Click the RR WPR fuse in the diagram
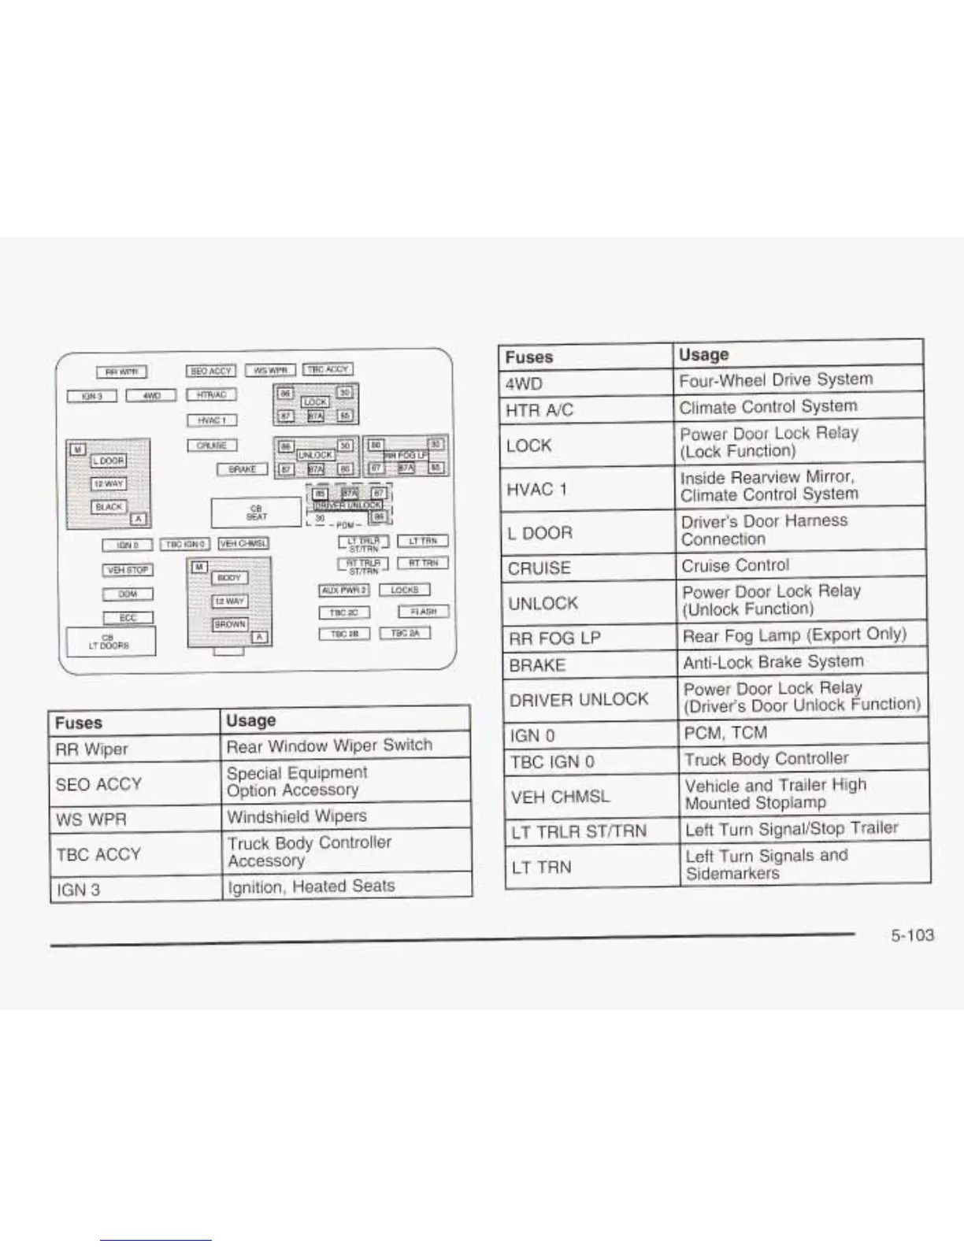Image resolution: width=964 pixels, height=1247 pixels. pyautogui.click(x=121, y=372)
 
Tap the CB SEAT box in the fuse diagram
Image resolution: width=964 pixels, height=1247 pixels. pyautogui.click(x=257, y=512)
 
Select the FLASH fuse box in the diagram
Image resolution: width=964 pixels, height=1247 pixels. pyautogui.click(x=423, y=612)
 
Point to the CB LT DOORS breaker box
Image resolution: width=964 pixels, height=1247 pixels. pyautogui.click(x=110, y=642)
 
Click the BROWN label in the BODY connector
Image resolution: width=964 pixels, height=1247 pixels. pyautogui.click(x=229, y=624)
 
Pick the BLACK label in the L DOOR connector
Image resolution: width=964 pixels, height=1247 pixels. pyautogui.click(x=109, y=507)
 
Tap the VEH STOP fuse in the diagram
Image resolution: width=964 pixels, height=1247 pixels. pyautogui.click(x=128, y=570)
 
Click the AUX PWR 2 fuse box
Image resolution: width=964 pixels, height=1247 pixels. pyautogui.click(x=344, y=590)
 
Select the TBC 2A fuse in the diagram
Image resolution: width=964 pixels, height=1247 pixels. pyautogui.click(x=405, y=633)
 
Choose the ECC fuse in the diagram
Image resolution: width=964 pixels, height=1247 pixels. pyautogui.click(x=128, y=618)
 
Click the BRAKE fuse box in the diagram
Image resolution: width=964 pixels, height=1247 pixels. pyautogui.click(x=242, y=469)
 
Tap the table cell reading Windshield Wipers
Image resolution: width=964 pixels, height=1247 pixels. pyautogui.click(x=297, y=816)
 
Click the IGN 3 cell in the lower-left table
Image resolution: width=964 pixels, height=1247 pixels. pyautogui.click(x=79, y=890)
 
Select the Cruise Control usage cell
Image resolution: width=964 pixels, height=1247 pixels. pyautogui.click(x=736, y=565)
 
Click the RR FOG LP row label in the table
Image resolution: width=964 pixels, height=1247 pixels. pyautogui.click(x=554, y=638)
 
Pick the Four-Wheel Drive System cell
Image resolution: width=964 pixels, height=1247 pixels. pyautogui.click(x=776, y=379)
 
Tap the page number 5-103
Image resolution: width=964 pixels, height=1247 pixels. pyautogui.click(x=912, y=935)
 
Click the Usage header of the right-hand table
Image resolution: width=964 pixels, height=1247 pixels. pyautogui.click(x=703, y=354)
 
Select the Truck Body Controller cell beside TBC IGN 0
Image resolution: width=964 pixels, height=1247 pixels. pyautogui.click(x=766, y=759)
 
